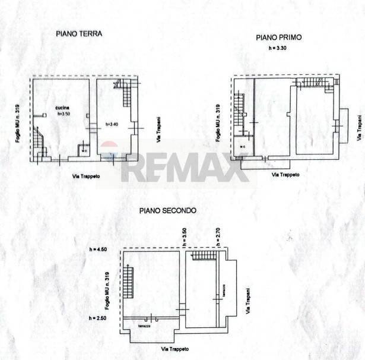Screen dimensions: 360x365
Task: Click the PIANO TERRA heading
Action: [x=79, y=34]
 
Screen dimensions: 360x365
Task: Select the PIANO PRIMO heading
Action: [x=278, y=37]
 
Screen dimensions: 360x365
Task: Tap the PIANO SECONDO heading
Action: [x=168, y=210]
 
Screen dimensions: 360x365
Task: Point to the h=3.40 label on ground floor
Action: [x=112, y=124]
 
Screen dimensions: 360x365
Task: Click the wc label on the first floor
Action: [x=243, y=147]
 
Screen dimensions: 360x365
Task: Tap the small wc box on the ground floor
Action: [x=84, y=149]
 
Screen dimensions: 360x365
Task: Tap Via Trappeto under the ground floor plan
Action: [x=86, y=176]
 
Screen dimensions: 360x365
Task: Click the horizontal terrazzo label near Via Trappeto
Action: [x=145, y=326]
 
